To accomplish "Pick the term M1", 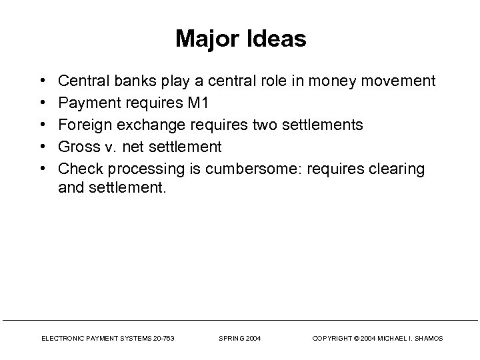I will (199, 103).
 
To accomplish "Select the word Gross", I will (77, 147).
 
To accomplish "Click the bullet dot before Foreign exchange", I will (43, 125).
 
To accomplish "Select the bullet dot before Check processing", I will (43, 169).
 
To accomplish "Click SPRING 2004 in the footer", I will (240, 339).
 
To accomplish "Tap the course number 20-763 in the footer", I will (163, 339).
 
